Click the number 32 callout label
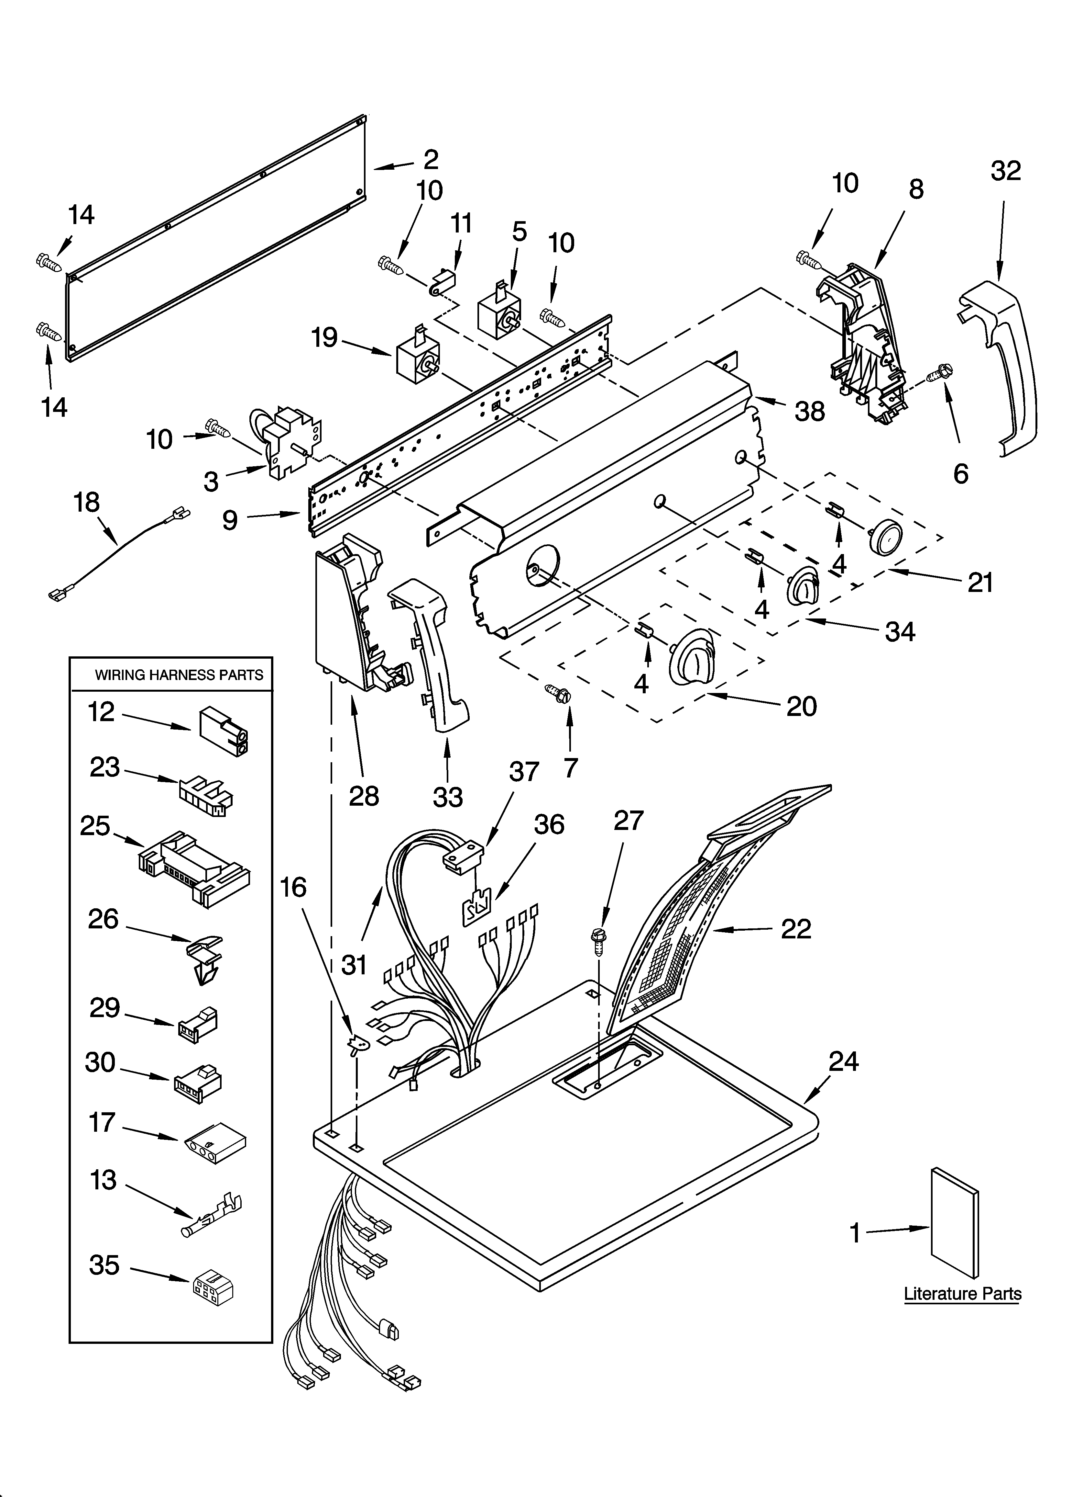tap(1005, 171)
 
